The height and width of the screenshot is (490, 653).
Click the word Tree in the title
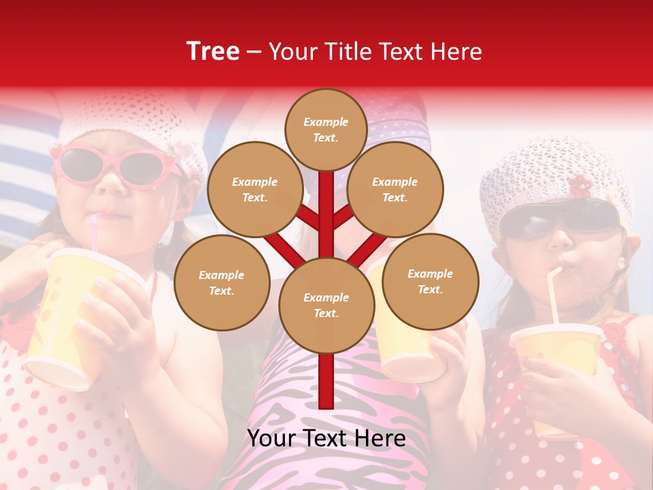pos(213,52)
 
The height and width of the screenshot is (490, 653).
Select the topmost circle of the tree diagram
pos(326,129)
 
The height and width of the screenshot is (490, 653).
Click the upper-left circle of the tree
pos(254,189)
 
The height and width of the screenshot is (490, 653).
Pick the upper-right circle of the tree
pos(395,189)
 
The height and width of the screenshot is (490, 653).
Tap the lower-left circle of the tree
pos(222,282)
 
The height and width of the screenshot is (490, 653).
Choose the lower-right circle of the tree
pos(430,281)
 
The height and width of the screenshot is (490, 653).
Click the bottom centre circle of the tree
pos(326,305)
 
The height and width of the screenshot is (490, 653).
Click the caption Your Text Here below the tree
pos(326,438)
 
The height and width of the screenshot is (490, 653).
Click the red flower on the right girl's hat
pos(580,185)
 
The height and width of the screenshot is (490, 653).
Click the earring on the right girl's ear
pos(620,267)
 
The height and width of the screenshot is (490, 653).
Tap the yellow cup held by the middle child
pos(401,340)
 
